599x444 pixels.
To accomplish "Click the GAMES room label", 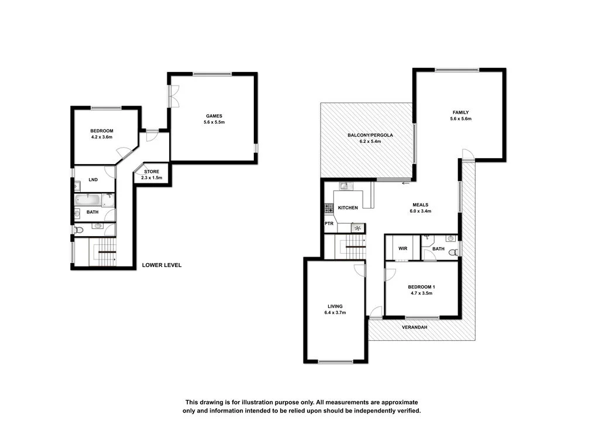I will point(214,115).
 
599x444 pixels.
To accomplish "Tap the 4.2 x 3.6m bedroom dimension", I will point(101,137).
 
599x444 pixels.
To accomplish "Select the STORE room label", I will point(152,171).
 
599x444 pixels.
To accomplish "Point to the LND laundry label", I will point(93,180).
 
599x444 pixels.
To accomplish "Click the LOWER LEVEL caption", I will point(161,265).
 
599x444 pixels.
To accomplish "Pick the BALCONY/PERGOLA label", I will point(370,135).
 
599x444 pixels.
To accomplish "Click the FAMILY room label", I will point(460,112).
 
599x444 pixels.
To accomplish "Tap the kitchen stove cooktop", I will point(328,207).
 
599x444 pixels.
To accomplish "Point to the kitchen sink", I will point(344,186).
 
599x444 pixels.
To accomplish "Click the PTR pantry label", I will point(329,224).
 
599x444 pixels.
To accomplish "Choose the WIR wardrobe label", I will point(402,248).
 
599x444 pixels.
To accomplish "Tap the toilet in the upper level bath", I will point(450,238).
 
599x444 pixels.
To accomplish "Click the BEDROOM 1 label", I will point(421,286).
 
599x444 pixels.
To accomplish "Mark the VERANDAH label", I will point(414,327).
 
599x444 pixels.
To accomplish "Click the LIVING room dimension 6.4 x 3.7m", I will point(335,313).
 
